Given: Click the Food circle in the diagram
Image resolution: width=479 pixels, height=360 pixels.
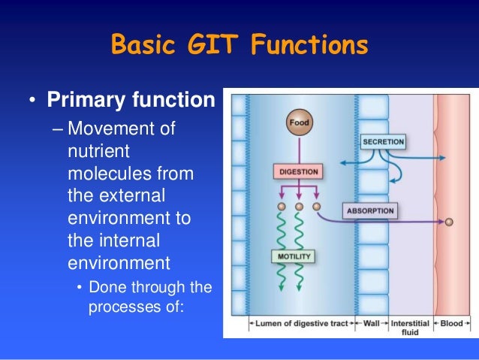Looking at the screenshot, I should click(x=299, y=123).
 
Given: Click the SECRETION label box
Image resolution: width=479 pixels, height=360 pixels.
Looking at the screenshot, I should click(x=383, y=141).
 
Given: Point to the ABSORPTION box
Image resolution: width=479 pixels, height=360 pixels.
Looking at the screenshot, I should click(x=369, y=211).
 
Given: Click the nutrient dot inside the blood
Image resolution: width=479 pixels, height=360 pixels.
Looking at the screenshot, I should click(x=450, y=222).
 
